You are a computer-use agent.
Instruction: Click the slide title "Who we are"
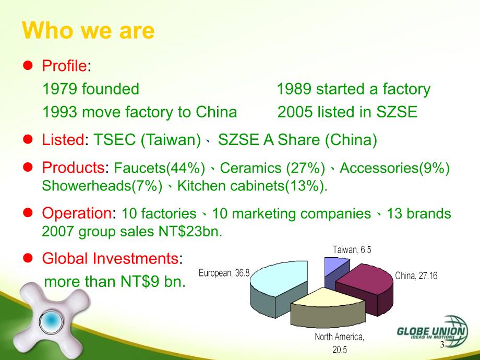pyautogui.click(x=88, y=31)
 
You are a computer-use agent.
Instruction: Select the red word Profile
pyautogui.click(x=64, y=66)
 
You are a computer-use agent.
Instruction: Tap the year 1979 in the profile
pyautogui.click(x=59, y=89)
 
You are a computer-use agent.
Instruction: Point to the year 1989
pyautogui.click(x=294, y=89)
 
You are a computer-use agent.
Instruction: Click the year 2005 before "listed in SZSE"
pyautogui.click(x=295, y=112)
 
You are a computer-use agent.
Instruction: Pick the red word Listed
pyautogui.click(x=63, y=140)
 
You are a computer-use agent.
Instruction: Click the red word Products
pyautogui.click(x=73, y=167)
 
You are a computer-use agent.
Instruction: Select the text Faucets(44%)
pyautogui.click(x=159, y=168)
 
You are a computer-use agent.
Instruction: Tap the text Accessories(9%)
pyautogui.click(x=394, y=168)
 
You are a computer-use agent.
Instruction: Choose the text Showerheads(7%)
pyautogui.click(x=102, y=186)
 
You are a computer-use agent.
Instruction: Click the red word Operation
pyautogui.click(x=77, y=213)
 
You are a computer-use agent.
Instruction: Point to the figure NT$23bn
pyautogui.click(x=190, y=232)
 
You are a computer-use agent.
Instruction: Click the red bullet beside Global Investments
pyautogui.click(x=28, y=258)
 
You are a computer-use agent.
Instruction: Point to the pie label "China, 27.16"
pyautogui.click(x=416, y=276)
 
